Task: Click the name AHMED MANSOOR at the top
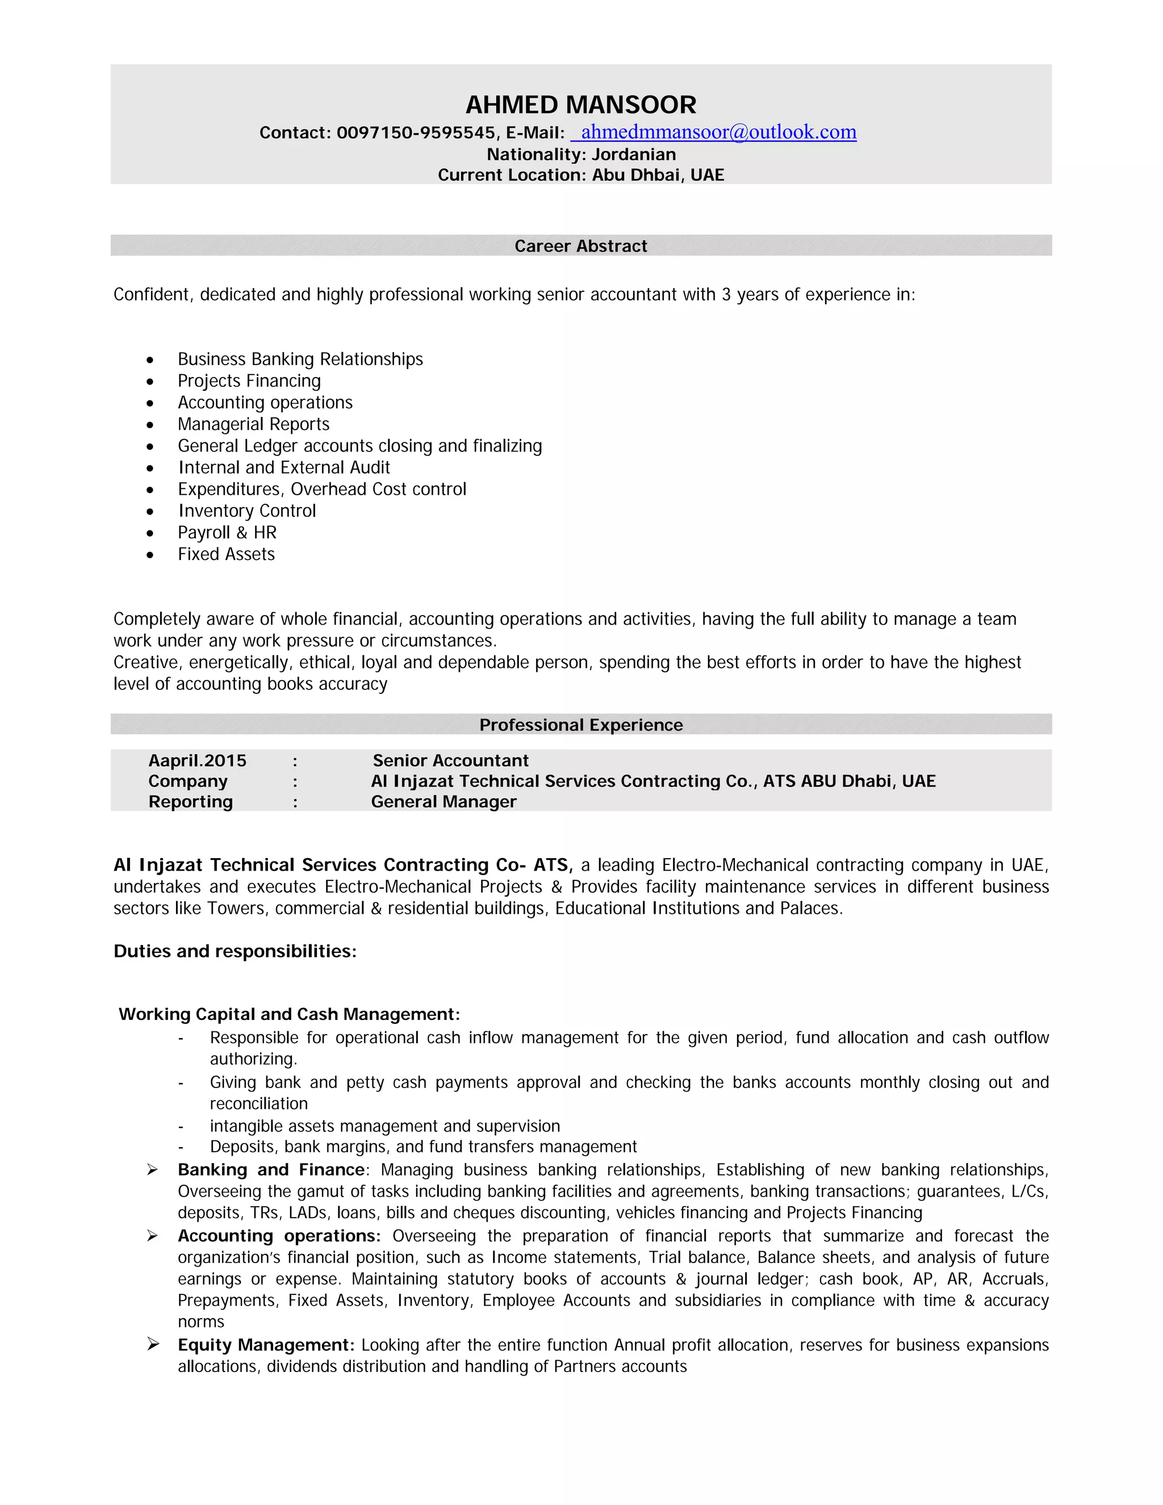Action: click(581, 104)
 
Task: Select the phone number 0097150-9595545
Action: click(416, 133)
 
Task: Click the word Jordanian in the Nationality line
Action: click(633, 154)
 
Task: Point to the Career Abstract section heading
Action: click(581, 246)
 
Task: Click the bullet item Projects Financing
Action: click(249, 381)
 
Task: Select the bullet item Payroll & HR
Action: click(227, 533)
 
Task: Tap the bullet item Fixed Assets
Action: click(226, 554)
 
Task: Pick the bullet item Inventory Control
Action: click(246, 511)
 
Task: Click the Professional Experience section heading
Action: click(581, 725)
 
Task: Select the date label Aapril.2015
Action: click(197, 761)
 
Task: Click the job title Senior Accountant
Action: click(450, 761)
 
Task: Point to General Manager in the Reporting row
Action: click(444, 802)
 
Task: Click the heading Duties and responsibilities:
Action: click(235, 952)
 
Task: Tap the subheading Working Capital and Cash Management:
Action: click(290, 1014)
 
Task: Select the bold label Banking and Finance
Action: click(271, 1170)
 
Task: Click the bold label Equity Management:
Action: click(266, 1345)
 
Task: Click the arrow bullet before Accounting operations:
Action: click(152, 1236)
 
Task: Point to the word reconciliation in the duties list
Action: click(258, 1104)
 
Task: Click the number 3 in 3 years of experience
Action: click(726, 295)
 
